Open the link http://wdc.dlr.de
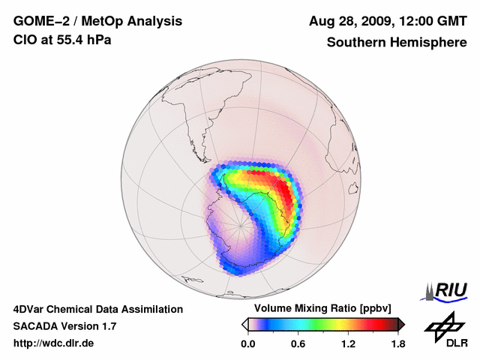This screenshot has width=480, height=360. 54,343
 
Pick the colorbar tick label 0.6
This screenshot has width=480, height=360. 298,343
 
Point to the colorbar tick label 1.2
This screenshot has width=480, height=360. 348,343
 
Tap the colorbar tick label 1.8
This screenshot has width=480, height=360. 397,343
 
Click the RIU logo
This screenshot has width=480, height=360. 448,290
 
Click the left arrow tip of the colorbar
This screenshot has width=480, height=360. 244,324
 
